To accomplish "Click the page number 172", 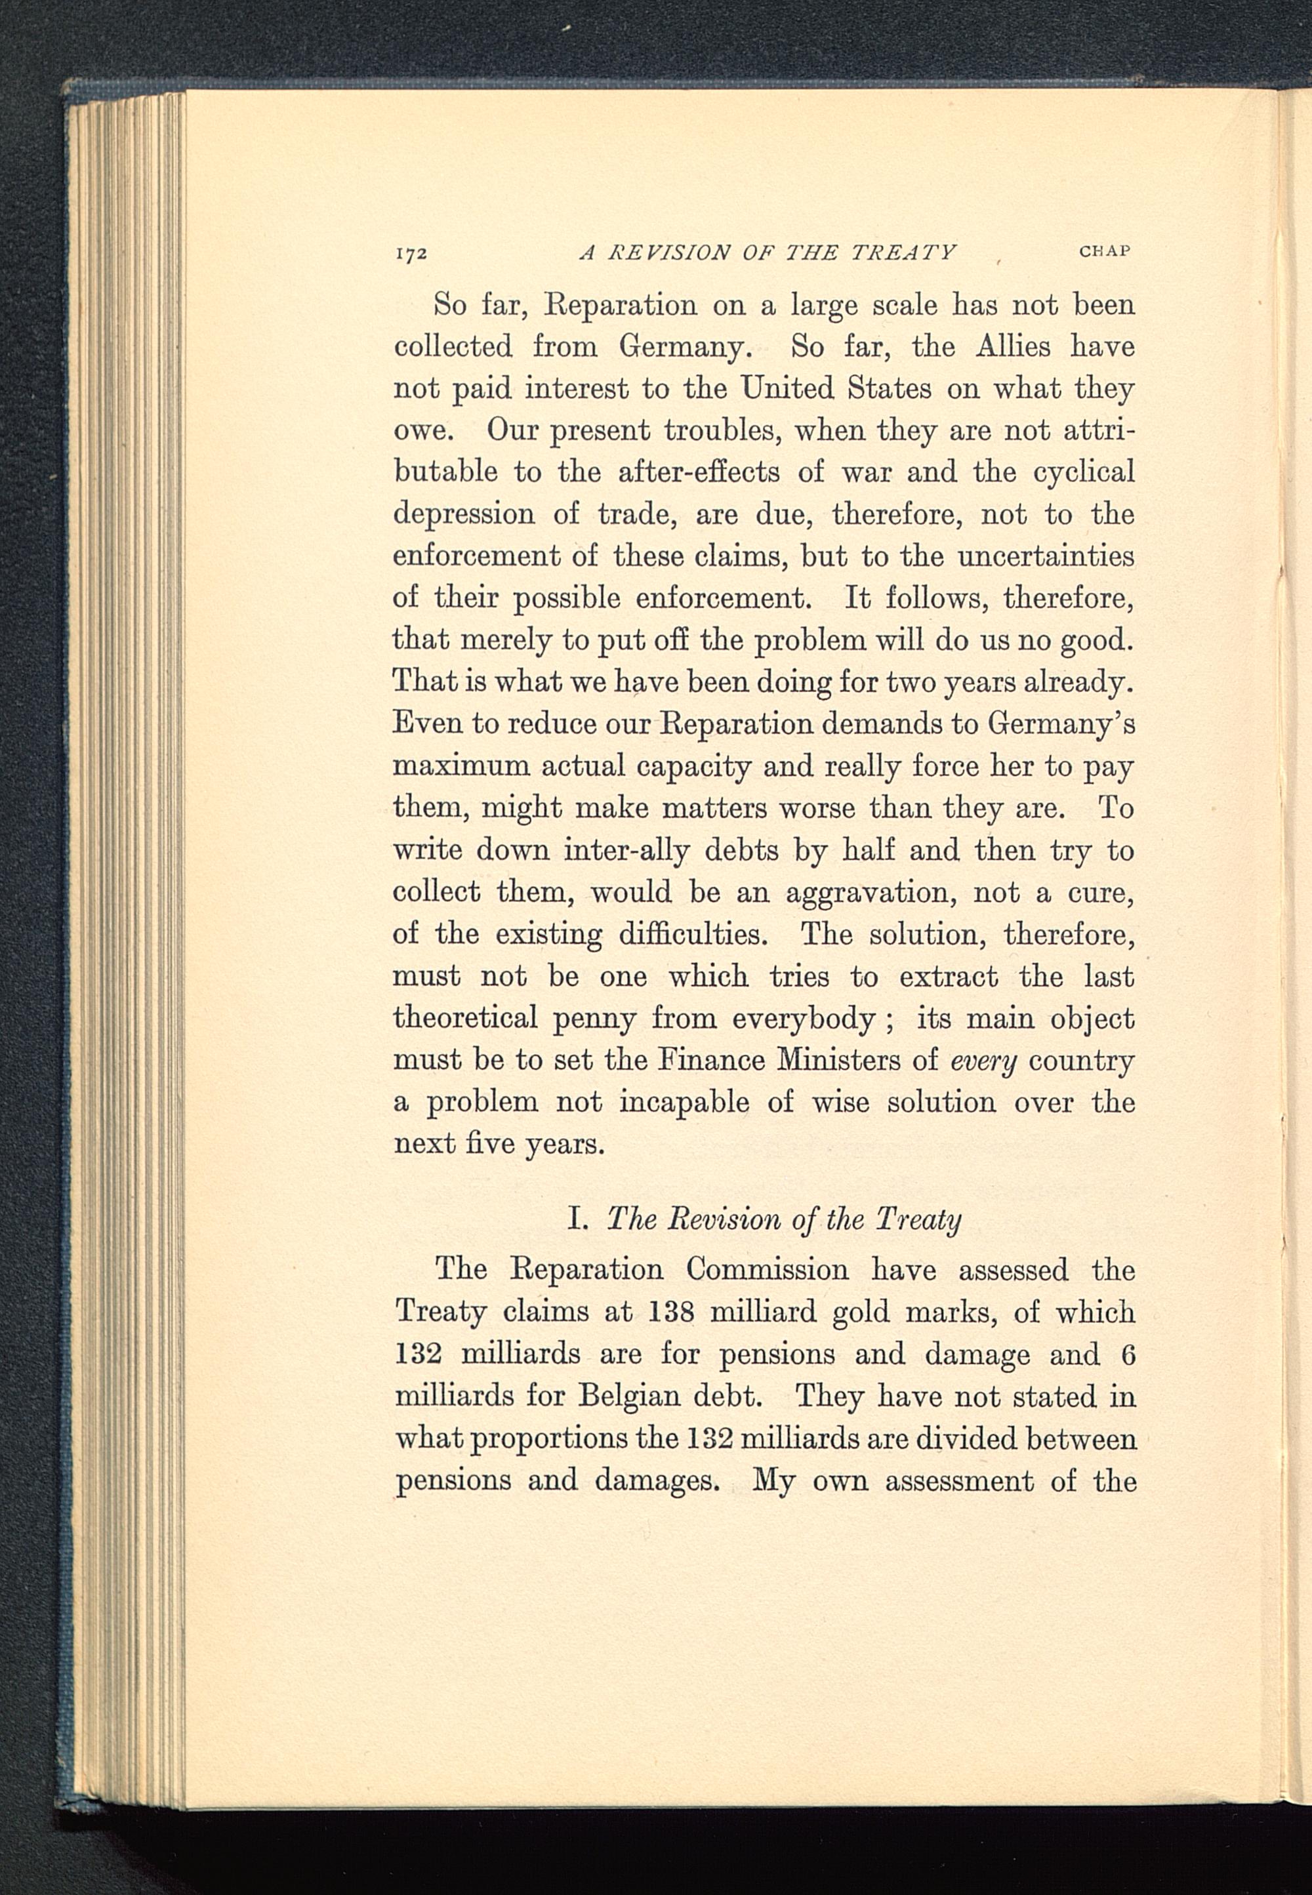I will (x=409, y=253).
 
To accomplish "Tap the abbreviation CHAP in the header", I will (x=1105, y=251).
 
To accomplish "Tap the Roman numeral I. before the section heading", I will (x=577, y=1219).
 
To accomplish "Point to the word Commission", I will (x=767, y=1270).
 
